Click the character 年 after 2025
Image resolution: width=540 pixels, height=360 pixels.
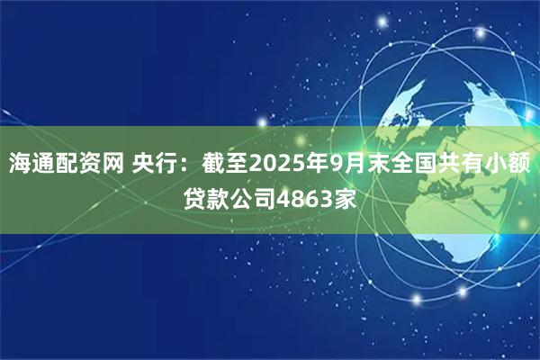tap(316, 164)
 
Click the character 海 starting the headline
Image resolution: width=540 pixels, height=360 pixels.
tap(20, 164)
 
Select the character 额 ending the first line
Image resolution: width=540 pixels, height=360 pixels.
tap(522, 164)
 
